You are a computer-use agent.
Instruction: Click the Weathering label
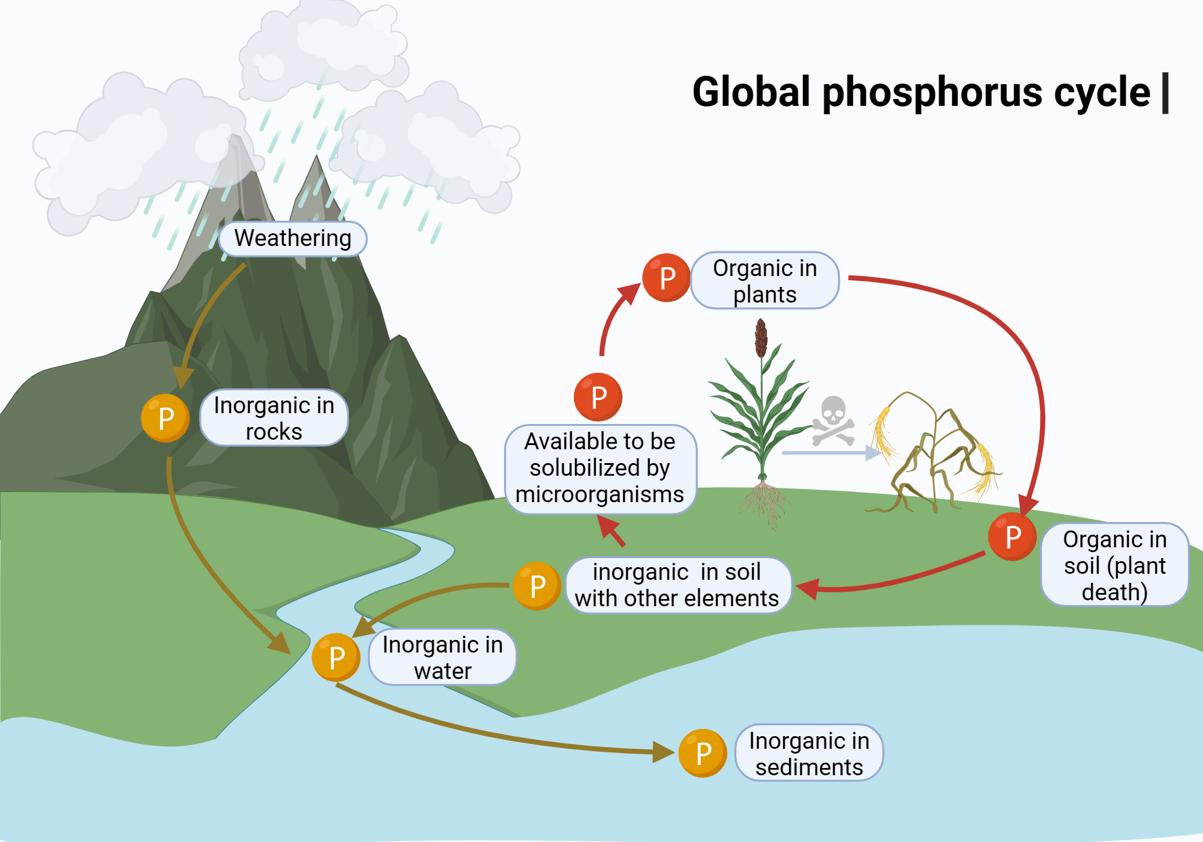[x=293, y=239]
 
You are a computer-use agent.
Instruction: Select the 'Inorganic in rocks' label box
[x=274, y=418]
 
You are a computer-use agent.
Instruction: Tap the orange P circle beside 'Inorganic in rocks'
[x=165, y=418]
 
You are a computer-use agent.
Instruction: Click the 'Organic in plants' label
[x=765, y=281]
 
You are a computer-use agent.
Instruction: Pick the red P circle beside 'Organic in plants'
[x=666, y=278]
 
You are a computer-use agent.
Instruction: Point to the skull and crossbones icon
[x=833, y=420]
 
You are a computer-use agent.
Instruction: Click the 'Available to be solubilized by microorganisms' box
[x=600, y=469]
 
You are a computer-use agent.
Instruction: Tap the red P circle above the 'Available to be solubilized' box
[x=598, y=397]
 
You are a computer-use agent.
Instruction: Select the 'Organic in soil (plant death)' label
[x=1115, y=565]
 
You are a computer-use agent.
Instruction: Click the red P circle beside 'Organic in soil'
[x=1012, y=536]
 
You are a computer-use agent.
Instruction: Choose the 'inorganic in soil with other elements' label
[x=678, y=585]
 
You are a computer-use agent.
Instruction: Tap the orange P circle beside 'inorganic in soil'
[x=537, y=586]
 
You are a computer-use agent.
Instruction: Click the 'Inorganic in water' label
[x=443, y=657]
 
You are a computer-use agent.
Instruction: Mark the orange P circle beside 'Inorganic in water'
[x=336, y=657]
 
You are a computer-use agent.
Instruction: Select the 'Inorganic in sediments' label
[x=810, y=753]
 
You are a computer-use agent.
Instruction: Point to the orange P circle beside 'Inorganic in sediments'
[x=703, y=753]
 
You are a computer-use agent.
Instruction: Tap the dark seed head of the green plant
[x=761, y=337]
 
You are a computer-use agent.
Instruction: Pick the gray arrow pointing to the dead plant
[x=832, y=452]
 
